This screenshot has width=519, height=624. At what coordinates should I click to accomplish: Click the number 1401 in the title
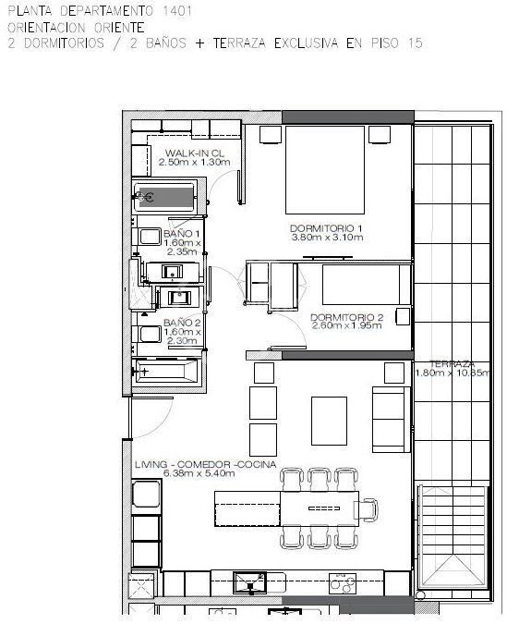point(177,11)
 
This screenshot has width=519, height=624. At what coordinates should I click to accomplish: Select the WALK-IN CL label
point(194,153)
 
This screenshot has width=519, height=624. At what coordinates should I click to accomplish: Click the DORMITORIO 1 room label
point(326,228)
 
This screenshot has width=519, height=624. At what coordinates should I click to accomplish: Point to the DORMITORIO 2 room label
point(346,318)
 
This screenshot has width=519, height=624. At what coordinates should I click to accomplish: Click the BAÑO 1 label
point(182,234)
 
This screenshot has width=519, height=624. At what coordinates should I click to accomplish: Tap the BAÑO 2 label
point(182,323)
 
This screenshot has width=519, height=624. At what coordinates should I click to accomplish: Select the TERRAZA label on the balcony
point(452,364)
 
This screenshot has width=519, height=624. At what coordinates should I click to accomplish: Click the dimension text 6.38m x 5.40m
point(199,473)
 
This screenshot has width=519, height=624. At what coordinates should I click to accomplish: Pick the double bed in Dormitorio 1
point(325,170)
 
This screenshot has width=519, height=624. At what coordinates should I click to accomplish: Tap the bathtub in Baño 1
point(165,197)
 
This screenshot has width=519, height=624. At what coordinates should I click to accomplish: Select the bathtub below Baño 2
point(166,372)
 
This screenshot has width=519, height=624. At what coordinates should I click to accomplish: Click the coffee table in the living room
point(329,421)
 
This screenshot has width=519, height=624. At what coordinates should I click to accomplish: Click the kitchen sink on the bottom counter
point(250,582)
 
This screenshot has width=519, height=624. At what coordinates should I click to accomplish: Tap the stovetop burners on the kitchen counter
point(343,583)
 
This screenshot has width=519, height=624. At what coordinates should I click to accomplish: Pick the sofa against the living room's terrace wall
point(391,420)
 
